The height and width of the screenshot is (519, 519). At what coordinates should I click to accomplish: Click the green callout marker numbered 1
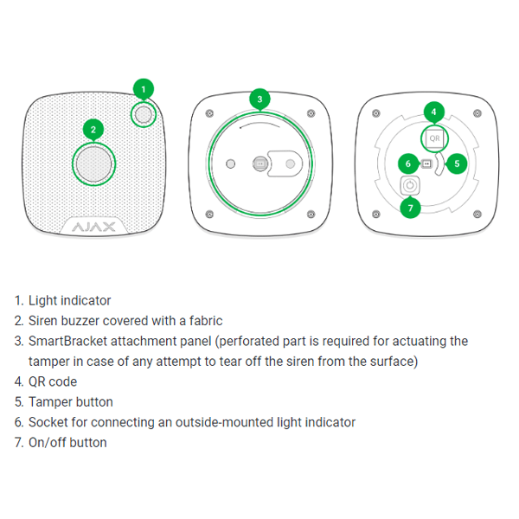[x=144, y=89]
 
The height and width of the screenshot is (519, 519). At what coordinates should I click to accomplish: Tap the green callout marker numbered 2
[x=93, y=130]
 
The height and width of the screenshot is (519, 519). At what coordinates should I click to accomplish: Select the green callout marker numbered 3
[x=259, y=99]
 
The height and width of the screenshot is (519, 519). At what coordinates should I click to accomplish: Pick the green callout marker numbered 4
[x=434, y=112]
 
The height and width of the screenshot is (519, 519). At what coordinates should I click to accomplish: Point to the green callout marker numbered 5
[x=457, y=163]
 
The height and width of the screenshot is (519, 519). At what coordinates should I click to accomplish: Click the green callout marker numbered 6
[x=408, y=163]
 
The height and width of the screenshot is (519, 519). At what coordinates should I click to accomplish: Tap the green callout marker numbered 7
[x=410, y=208]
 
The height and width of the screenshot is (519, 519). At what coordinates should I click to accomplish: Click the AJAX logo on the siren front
[x=93, y=227]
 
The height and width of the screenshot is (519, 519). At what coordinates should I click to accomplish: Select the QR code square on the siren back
[x=434, y=138]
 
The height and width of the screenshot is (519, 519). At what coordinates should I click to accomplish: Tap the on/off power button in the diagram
[x=410, y=185]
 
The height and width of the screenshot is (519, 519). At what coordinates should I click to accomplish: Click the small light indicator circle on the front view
[x=144, y=114]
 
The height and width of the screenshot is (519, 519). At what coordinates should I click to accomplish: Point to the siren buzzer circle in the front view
[x=94, y=163]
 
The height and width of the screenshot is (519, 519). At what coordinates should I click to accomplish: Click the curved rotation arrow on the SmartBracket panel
[x=259, y=125]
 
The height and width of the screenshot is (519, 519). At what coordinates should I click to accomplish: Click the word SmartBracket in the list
[x=67, y=342]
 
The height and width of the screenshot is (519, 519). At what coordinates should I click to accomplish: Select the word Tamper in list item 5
[x=50, y=402]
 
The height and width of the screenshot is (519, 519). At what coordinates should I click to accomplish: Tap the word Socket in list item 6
[x=48, y=422]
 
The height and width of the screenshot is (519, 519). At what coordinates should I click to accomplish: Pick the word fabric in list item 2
[x=206, y=321]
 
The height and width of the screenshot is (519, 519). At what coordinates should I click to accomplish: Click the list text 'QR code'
[x=53, y=382]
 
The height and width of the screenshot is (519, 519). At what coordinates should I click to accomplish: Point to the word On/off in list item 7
[x=47, y=443]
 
